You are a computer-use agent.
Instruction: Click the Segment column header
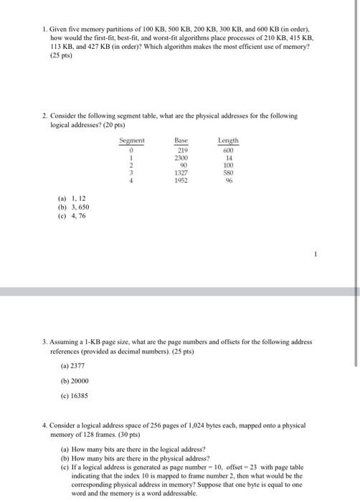coord(132,141)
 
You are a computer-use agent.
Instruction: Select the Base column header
coord(181,141)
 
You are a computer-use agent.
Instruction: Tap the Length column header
coord(229,141)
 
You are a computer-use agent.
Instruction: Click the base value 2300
coord(181,157)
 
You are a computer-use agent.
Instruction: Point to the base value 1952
coord(181,181)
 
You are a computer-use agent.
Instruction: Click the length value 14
coord(229,157)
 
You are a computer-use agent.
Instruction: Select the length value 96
coord(229,181)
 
